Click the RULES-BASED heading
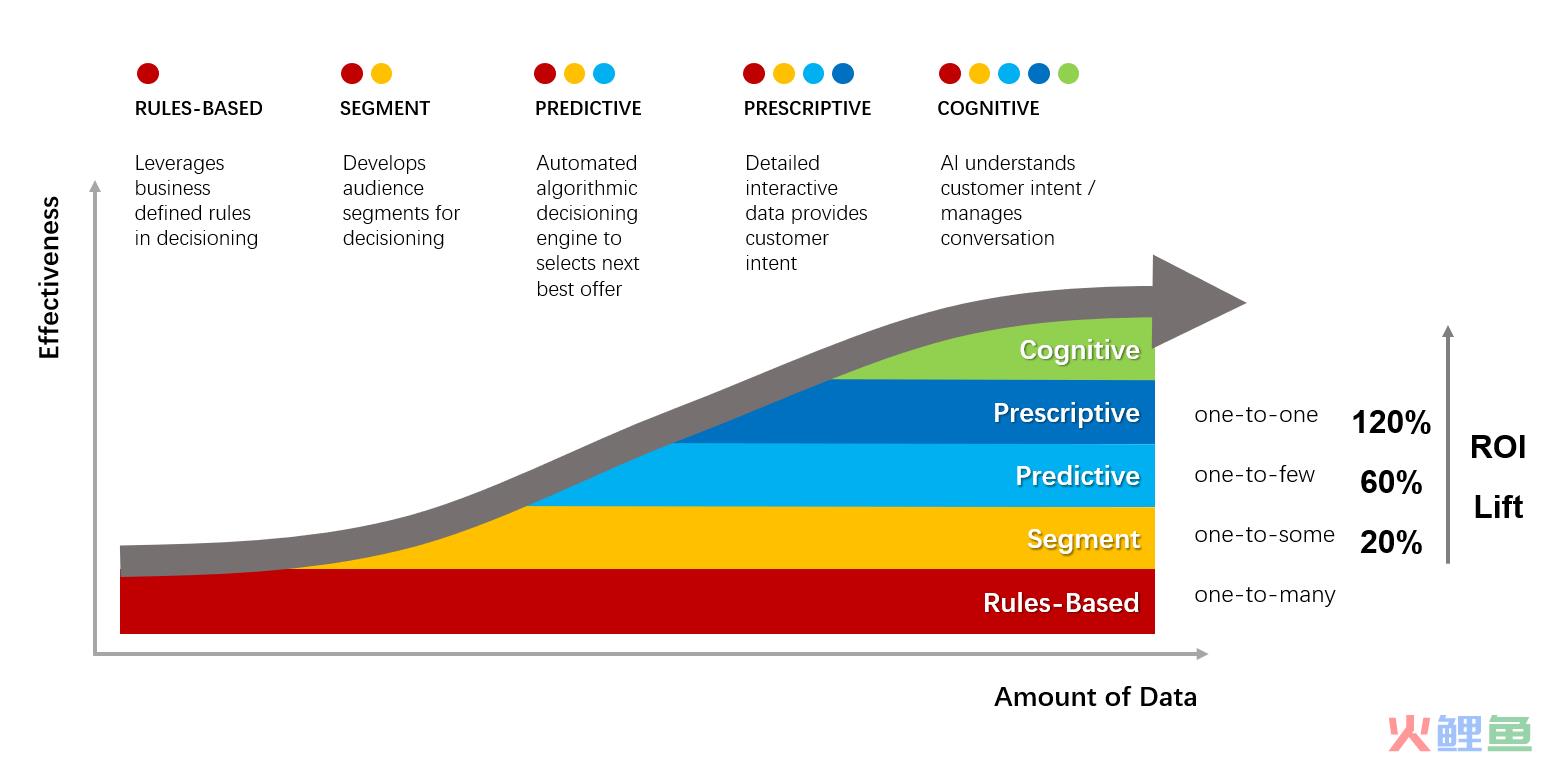[x=199, y=108]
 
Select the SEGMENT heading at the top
[x=385, y=108]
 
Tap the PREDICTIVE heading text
[x=588, y=108]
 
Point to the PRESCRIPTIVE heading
[x=807, y=108]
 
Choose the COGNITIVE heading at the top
[x=988, y=108]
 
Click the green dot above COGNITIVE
[x=1068, y=73]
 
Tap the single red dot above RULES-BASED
[x=148, y=73]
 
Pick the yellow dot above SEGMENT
[x=381, y=73]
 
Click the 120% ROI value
[x=1391, y=422]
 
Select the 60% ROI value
[x=1391, y=482]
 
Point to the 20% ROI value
[x=1391, y=542]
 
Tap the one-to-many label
[x=1265, y=594]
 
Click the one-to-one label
[x=1256, y=415]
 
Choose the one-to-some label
[x=1264, y=534]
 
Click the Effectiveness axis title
[x=49, y=278]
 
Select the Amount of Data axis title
[x=1095, y=697]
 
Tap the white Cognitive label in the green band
[x=1079, y=350]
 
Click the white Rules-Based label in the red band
[x=1061, y=603]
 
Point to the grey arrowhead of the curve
[x=1195, y=301]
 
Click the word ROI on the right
[x=1498, y=447]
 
